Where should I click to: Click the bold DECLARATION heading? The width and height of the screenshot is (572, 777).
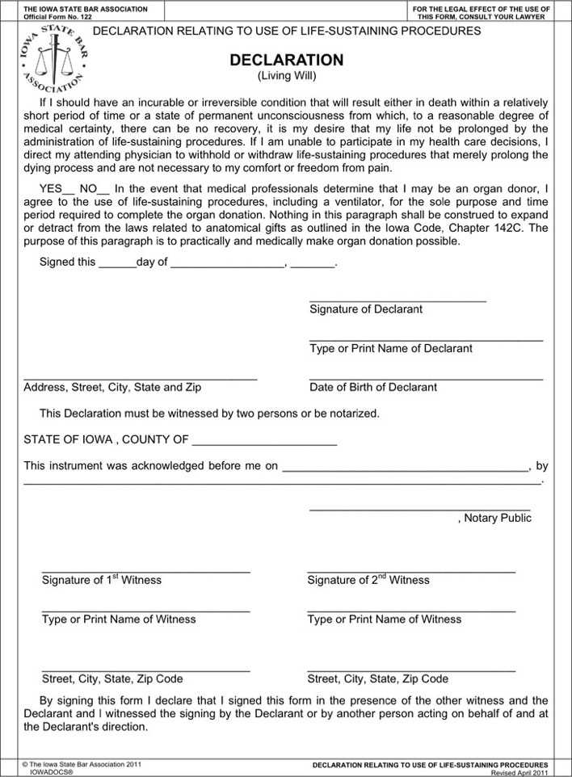[x=286, y=61]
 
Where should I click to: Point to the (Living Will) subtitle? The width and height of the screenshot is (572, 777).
[x=286, y=76]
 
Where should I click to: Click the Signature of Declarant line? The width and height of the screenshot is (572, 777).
[x=397, y=300]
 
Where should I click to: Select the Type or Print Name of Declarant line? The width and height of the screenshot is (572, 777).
[x=426, y=338]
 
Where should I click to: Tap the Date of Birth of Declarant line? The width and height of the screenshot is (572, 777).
[x=426, y=377]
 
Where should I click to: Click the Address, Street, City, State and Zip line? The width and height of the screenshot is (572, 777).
[x=141, y=377]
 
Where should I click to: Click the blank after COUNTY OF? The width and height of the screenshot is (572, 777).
[x=264, y=442]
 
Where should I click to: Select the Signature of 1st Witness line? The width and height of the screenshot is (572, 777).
[x=145, y=570]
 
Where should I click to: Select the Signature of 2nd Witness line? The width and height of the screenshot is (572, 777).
[x=411, y=570]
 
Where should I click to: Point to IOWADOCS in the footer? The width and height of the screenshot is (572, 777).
[x=51, y=772]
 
